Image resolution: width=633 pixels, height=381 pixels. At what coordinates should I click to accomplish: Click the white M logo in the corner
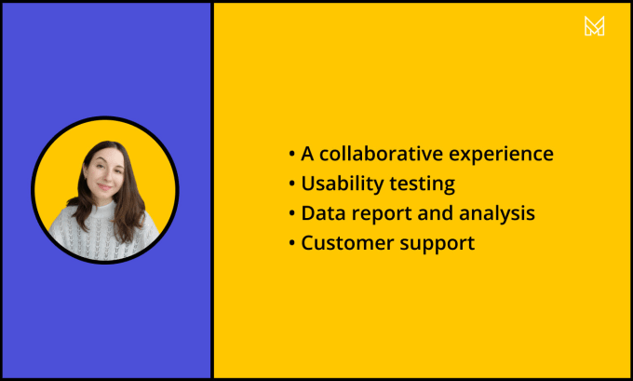point(594,26)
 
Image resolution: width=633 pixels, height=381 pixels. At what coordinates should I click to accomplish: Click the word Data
point(323,213)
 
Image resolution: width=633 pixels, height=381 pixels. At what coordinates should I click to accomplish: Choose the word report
point(381,214)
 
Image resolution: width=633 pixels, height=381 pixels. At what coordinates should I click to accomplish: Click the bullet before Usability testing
point(292,184)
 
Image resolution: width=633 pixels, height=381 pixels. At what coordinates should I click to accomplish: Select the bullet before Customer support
point(292,243)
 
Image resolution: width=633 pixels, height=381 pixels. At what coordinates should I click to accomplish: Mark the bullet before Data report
point(292,213)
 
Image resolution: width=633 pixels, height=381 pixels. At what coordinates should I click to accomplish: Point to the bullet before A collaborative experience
point(292,154)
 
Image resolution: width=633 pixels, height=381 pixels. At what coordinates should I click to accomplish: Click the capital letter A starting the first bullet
point(307,154)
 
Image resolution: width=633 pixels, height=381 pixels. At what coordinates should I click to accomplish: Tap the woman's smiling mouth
point(104,186)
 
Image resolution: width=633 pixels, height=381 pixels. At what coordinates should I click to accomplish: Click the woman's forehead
point(105,156)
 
